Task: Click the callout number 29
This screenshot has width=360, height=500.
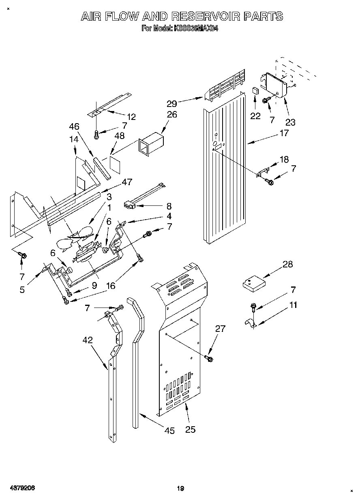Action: pos(172,103)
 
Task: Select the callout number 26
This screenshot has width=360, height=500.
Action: pos(172,115)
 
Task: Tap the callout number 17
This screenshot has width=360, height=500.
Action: pos(284,133)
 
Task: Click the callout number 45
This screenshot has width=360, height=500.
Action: pos(170,431)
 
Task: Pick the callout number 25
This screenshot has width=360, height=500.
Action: pos(190,429)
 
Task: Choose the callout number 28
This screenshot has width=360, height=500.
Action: pos(287,265)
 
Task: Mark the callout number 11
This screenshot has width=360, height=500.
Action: pos(293,305)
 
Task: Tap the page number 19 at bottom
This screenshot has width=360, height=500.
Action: pos(180,489)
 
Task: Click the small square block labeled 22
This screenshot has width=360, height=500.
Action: pos(255,90)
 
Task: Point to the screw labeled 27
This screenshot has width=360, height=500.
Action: pos(210,358)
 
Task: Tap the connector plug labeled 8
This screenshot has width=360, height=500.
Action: pos(130,205)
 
